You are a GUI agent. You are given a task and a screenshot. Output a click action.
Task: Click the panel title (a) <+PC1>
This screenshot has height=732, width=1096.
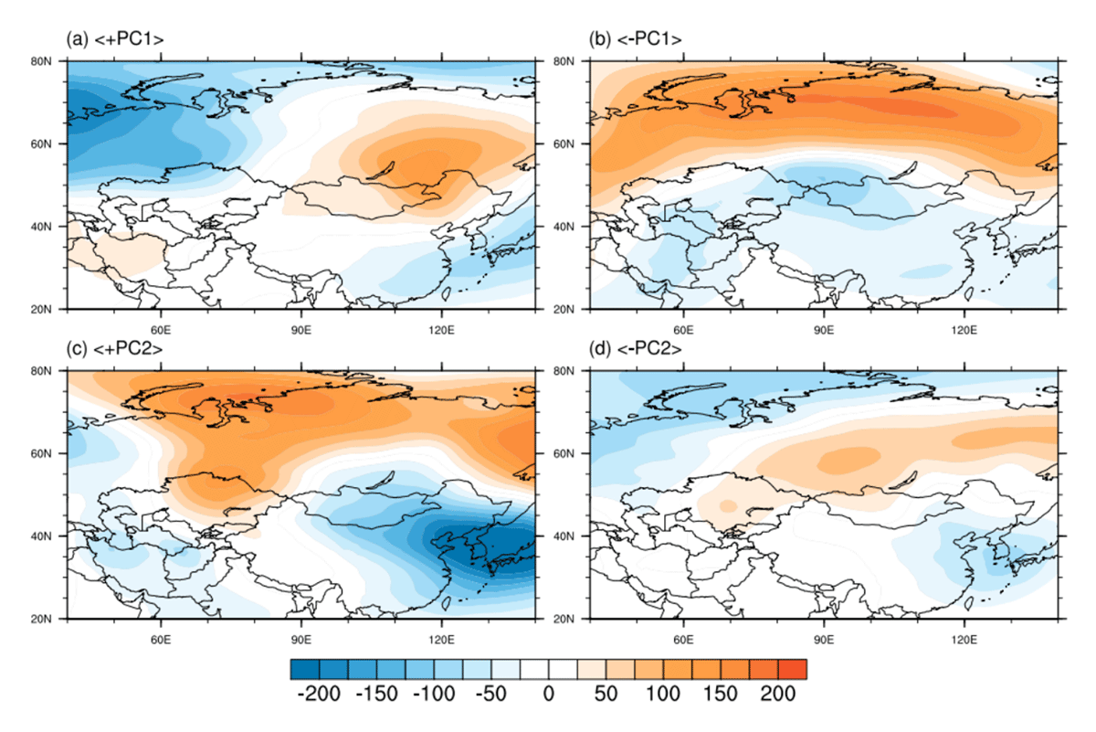115,39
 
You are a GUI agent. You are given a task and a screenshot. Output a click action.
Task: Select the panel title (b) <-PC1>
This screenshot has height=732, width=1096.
635,39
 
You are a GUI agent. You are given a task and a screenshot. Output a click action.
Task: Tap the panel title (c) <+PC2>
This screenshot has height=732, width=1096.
114,348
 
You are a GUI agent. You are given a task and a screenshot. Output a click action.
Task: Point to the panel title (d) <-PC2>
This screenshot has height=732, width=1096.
635,348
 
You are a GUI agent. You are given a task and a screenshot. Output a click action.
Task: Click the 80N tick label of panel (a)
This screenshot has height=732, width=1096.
40,61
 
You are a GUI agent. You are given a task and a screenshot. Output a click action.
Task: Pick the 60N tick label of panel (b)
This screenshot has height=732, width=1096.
564,144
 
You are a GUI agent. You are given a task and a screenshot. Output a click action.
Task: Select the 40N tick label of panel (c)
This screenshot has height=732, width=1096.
40,536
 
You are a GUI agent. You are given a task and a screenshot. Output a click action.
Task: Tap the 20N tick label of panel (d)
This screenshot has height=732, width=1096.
564,619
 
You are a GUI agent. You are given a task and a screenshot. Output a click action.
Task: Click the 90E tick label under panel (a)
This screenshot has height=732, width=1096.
300,330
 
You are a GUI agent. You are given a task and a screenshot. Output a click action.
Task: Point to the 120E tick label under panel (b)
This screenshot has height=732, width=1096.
964,330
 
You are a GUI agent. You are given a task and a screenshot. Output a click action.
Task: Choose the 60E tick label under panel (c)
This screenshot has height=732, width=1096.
161,640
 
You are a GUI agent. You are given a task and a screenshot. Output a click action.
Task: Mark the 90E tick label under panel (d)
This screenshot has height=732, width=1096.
824,640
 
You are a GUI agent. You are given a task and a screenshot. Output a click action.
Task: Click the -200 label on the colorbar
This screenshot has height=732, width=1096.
319,694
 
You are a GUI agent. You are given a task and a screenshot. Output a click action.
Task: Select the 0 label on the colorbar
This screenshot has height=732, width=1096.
549,694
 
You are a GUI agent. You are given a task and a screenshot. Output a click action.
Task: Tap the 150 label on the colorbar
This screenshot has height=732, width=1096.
721,694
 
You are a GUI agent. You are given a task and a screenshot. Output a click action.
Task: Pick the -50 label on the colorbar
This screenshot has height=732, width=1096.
491,694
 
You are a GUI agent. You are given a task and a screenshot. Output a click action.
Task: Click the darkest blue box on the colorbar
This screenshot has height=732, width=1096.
305,669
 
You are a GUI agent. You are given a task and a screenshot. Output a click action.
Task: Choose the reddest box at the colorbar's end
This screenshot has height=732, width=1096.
792,669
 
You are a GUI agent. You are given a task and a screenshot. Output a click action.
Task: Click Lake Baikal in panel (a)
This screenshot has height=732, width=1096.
381,170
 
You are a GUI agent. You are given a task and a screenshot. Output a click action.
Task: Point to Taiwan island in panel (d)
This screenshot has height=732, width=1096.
969,603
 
